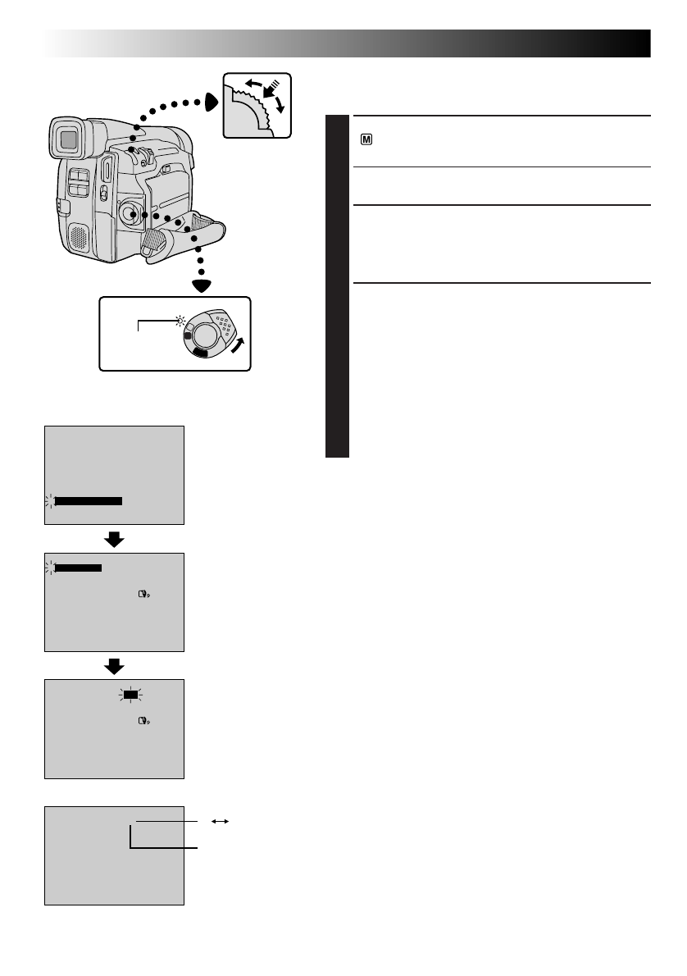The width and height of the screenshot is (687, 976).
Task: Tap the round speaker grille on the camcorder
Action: (76, 237)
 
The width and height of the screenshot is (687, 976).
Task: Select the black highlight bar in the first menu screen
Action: (88, 500)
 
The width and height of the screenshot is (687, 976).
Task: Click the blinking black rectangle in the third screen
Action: (130, 695)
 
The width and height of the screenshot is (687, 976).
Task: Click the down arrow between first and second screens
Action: (114, 539)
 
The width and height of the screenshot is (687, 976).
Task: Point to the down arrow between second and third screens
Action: (114, 664)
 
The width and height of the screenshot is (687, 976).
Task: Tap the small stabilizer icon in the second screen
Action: (145, 598)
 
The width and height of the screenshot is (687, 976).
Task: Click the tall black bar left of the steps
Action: (337, 286)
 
